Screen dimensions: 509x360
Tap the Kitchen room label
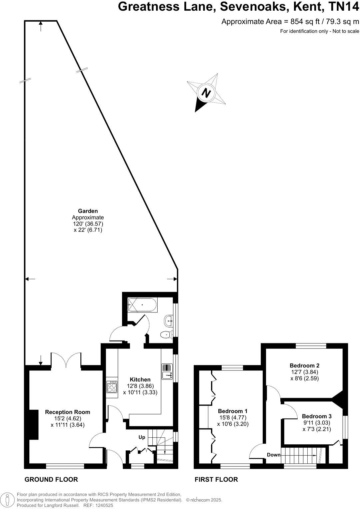140,379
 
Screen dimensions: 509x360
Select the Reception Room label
68,412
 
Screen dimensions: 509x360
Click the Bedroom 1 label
233,411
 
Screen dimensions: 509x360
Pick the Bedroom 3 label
317,416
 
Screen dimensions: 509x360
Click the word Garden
88,211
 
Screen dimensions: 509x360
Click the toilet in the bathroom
165,334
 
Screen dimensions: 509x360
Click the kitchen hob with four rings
112,387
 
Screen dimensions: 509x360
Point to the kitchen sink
166,371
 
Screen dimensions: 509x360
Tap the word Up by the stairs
142,437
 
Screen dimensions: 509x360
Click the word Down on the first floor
274,455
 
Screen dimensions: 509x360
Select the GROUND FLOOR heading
51,479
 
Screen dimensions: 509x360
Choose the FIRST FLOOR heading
216,479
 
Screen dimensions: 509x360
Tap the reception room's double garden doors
66,361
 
